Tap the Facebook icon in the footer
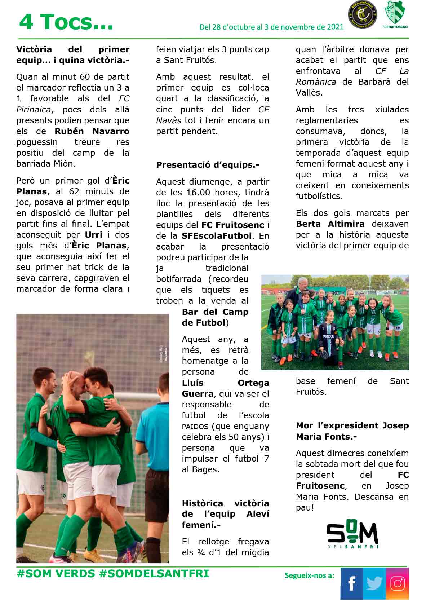pyautogui.click(x=351, y=583)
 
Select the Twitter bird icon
pyautogui.click(x=374, y=583)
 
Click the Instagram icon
pyautogui.click(x=398, y=583)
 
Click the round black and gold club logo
pyautogui.click(x=362, y=15)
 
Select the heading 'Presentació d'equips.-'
pyautogui.click(x=208, y=165)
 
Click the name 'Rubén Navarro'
pyautogui.click(x=92, y=131)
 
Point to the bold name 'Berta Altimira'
pyautogui.click(x=330, y=224)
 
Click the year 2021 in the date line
pyautogui.click(x=335, y=27)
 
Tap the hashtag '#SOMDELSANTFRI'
pyautogui.click(x=154, y=574)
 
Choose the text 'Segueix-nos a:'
pyautogui.click(x=309, y=575)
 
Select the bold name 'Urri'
pyautogui.click(x=94, y=235)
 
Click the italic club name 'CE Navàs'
pyautogui.click(x=263, y=110)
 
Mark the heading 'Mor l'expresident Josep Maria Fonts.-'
pyautogui.click(x=352, y=431)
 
